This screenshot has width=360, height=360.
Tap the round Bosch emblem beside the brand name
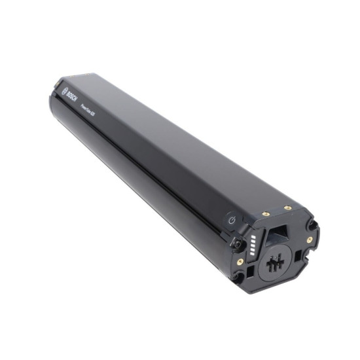[64, 89]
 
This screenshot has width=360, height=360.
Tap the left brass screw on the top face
[266, 213]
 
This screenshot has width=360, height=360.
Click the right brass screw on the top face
[288, 208]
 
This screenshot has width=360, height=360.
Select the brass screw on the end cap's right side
[309, 240]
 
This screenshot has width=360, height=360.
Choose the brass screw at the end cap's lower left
[241, 261]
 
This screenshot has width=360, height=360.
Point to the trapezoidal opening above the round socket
[278, 234]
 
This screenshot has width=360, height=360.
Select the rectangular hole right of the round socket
[298, 255]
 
